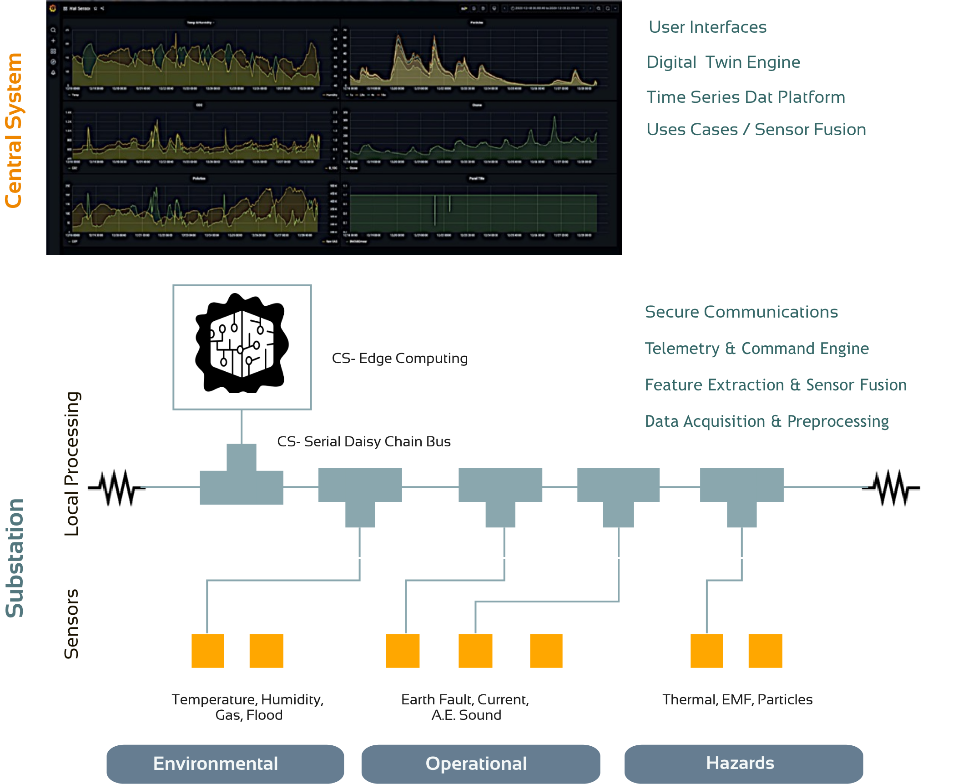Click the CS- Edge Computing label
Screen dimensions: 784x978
pos(399,359)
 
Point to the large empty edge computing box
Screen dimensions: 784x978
pos(242,347)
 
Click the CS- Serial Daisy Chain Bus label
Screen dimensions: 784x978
pos(363,441)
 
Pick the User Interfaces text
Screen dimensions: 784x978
pos(707,27)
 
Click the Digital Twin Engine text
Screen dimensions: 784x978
pos(723,62)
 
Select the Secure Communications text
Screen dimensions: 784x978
pos(741,312)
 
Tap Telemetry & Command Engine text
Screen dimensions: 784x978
pos(756,349)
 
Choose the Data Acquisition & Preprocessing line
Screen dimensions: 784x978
pos(766,421)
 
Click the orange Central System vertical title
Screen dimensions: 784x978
pos(14,131)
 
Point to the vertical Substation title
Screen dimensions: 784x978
pos(15,558)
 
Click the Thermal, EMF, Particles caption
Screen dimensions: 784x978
pos(737,699)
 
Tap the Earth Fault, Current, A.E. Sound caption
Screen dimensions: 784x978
pos(465,707)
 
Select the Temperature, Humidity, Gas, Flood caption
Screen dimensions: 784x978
pos(248,707)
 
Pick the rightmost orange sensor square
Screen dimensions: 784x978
pos(765,651)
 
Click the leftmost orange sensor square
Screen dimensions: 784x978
pos(208,651)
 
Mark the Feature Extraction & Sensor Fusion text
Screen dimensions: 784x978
pos(776,385)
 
